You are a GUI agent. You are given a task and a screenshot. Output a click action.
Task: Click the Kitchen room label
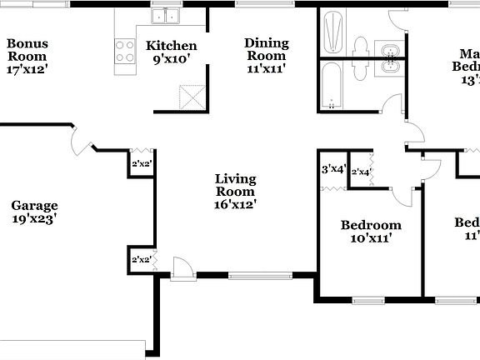172,52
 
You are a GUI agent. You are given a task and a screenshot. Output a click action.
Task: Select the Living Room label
235,191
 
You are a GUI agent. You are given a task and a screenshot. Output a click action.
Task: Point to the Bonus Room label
27,57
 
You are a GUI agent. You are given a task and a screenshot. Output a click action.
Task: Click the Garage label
34,212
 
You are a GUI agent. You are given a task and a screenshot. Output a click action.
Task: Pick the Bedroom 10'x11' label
371,231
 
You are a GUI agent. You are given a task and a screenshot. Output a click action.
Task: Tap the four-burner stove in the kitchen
125,52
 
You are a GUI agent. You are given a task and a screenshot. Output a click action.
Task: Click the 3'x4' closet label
333,170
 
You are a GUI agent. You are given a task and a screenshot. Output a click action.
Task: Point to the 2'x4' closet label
361,172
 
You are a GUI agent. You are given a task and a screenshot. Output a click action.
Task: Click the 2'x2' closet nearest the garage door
141,164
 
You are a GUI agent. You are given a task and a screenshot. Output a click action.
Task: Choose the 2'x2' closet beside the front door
141,260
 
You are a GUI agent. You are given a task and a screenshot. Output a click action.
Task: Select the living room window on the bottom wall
260,274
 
